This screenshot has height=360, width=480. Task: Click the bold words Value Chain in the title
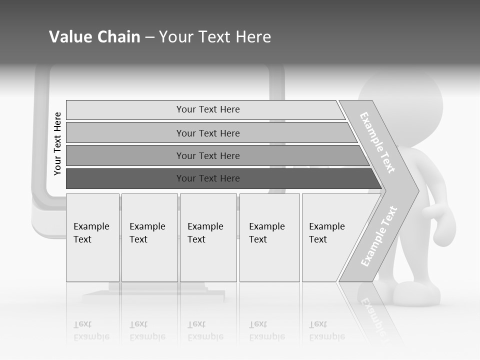pos(94,37)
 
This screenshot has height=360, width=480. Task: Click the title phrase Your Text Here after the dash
pos(215,37)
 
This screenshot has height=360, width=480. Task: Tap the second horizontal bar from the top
pos(208,133)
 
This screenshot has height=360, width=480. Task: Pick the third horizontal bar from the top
pos(208,155)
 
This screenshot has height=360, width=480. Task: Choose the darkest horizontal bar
pos(208,178)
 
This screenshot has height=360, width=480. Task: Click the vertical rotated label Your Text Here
pos(57,143)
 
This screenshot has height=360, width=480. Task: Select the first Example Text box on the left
pos(92,237)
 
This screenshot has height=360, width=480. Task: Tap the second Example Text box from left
pos(149,237)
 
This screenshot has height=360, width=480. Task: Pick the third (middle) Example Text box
pos(208,237)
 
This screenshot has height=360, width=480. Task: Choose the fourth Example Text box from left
pos(269,237)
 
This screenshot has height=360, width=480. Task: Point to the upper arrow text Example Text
pos(377,142)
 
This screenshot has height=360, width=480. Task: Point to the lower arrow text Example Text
pos(378,236)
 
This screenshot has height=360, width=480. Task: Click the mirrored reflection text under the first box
pos(91,330)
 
